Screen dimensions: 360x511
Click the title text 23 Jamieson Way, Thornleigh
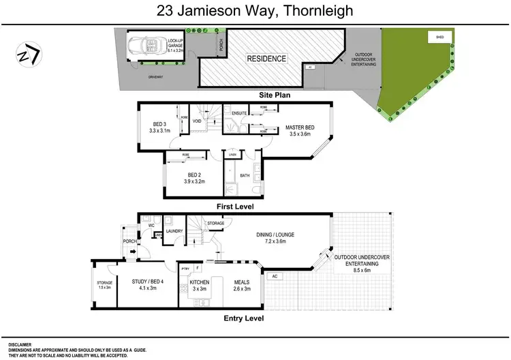(255, 10)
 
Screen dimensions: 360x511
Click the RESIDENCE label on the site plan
(266, 59)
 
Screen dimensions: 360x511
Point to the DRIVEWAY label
(157, 76)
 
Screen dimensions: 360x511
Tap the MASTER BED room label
(299, 127)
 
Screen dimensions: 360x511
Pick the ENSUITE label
(238, 113)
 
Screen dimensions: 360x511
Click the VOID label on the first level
(197, 121)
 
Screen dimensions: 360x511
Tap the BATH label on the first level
(245, 175)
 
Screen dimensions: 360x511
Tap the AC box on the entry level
(274, 276)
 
